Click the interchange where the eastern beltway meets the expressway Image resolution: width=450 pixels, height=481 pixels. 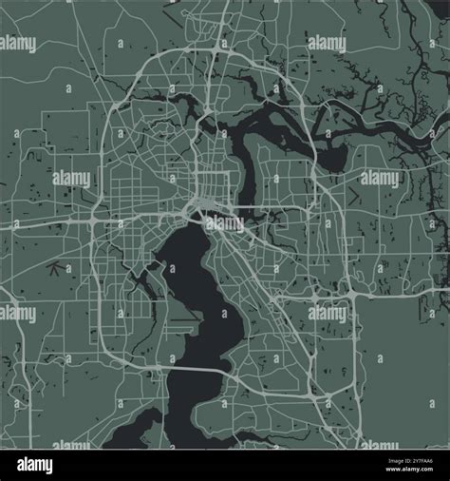tap(353, 298)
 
